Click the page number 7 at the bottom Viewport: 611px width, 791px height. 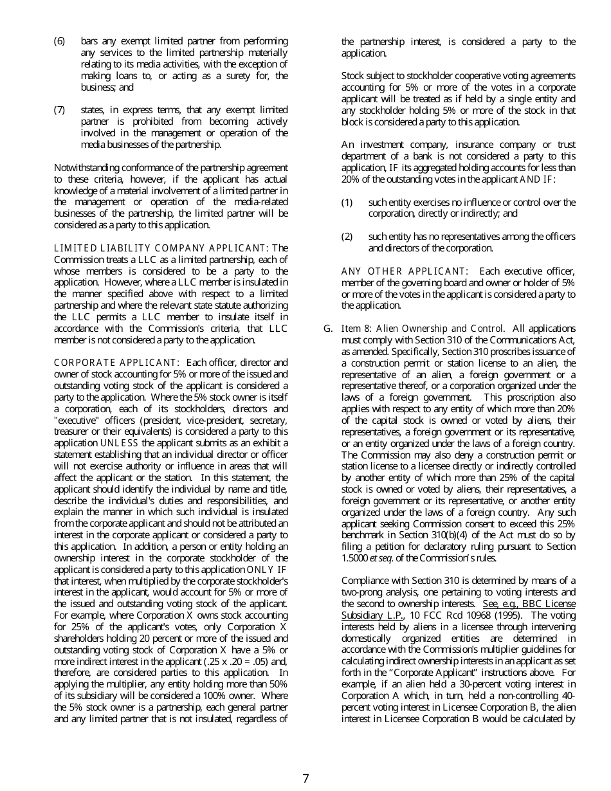tap(305, 778)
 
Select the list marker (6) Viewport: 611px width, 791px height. tap(60, 42)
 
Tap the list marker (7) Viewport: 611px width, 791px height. tap(60, 111)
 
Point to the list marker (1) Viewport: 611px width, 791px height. tap(347, 203)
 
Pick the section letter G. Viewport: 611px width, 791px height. tap(328, 329)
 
